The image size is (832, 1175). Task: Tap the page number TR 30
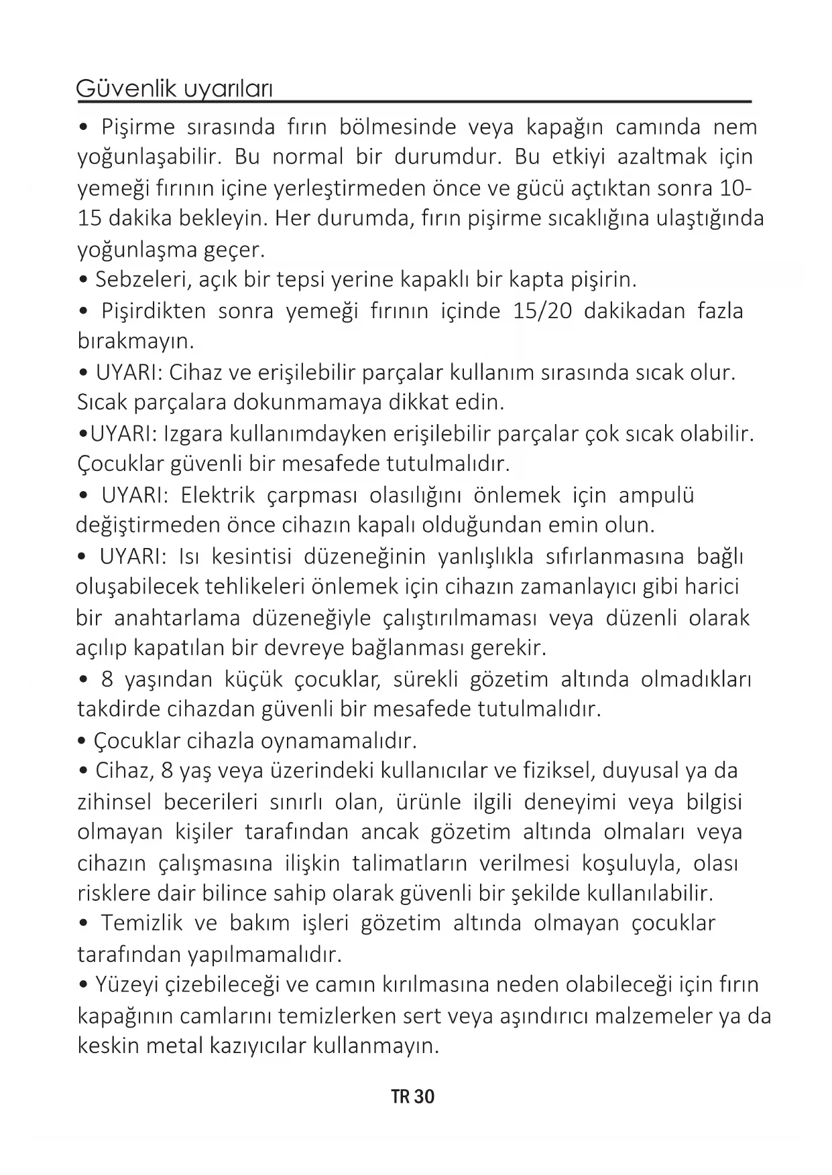(x=413, y=1097)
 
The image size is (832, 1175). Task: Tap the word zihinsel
(x=115, y=802)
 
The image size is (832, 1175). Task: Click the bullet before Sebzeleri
(x=84, y=279)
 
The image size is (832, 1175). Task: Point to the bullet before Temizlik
(x=84, y=924)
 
